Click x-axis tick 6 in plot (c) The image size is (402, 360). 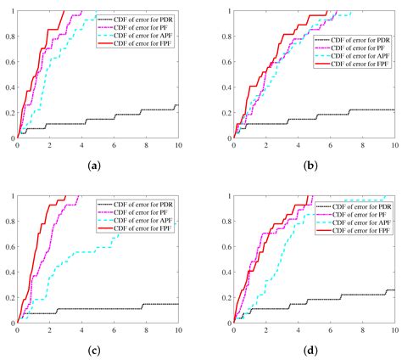pos(114,330)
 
